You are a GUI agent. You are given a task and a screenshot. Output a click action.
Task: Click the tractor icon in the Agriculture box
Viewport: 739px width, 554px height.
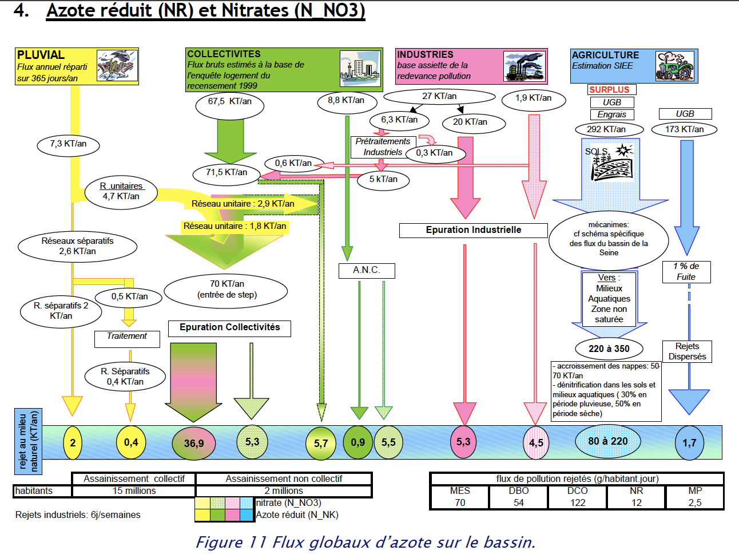point(675,66)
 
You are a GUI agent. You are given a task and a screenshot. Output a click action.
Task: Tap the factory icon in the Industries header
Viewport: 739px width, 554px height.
point(523,66)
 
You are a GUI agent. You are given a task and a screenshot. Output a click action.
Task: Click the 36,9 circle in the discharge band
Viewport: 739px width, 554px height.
point(194,443)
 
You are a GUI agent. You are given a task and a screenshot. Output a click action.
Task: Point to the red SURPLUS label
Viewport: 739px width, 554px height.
point(610,90)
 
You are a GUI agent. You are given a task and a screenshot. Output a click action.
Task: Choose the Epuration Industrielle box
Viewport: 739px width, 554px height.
point(473,230)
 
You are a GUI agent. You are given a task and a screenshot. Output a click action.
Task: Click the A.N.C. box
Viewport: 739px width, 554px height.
point(366,270)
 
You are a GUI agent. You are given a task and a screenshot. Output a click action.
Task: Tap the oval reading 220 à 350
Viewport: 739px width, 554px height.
point(609,349)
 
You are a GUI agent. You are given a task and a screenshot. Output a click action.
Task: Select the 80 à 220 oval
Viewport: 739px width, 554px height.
point(607,441)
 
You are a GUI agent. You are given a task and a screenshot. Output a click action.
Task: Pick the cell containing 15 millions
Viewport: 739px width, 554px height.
point(134,491)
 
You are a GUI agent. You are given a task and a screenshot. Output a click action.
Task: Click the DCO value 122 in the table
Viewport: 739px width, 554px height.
point(577,502)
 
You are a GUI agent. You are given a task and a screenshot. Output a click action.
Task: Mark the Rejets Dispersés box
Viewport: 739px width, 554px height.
point(687,351)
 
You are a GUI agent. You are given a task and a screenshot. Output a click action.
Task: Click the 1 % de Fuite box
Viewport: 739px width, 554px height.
point(686,272)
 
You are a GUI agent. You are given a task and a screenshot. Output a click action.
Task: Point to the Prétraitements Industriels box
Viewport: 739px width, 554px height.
point(382,147)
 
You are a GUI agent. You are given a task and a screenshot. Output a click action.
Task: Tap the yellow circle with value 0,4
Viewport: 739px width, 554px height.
point(131,442)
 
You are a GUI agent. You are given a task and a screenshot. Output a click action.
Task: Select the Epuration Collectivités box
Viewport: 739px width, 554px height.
point(229,327)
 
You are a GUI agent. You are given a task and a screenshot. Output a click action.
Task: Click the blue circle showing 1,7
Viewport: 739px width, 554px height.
point(689,443)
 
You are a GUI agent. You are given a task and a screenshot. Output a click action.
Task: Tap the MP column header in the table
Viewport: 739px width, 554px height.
point(695,491)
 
